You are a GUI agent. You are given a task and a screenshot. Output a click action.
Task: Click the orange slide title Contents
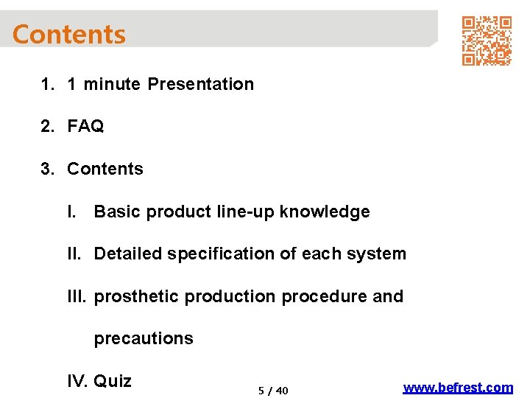[69, 35]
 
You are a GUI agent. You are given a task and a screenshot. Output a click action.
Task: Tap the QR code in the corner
[486, 41]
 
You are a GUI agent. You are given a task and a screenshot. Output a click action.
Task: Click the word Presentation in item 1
[200, 84]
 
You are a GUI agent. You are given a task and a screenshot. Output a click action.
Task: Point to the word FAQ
[85, 127]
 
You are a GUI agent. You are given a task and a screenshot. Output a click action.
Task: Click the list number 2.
[47, 127]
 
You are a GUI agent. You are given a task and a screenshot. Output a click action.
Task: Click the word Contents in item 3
[105, 169]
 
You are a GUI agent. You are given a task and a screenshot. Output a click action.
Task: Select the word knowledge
[325, 212]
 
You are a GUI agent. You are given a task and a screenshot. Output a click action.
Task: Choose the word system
[379, 254]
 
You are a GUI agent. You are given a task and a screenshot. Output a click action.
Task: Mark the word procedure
[325, 296]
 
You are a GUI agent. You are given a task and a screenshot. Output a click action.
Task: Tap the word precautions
[144, 339]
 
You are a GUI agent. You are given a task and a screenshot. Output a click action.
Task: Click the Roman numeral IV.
[77, 381]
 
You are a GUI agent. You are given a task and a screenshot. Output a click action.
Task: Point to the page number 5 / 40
[273, 391]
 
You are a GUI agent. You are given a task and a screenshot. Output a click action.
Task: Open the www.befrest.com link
[458, 387]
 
